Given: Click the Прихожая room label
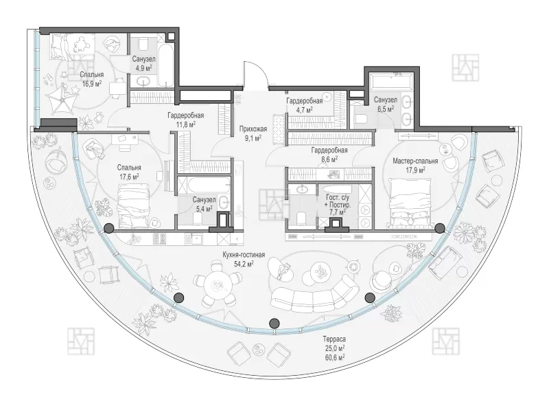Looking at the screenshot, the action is tap(253, 129).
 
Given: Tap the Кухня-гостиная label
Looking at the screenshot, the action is tap(244, 255).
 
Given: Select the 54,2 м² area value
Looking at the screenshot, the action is tap(244, 263).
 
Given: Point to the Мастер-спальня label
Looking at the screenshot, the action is tap(415, 161).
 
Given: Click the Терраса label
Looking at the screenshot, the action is tap(334, 339).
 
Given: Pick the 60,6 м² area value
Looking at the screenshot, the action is tap(334, 357).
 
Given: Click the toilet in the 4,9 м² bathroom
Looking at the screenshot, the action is tap(143, 44).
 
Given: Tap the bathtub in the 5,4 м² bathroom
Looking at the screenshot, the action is tap(204, 184).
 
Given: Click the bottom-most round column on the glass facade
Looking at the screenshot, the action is tap(274, 323).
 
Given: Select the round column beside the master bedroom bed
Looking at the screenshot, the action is tap(439, 229).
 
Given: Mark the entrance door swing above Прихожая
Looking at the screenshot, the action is tap(256, 74).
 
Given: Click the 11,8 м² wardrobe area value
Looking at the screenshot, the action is tap(186, 124).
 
